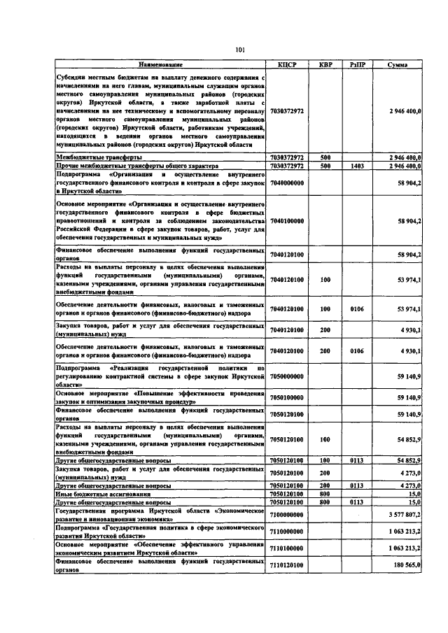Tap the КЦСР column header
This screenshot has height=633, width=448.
pos(288,65)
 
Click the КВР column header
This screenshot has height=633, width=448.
pos(325,65)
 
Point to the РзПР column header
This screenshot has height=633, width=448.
pos(356,65)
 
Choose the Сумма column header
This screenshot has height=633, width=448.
pos(398,65)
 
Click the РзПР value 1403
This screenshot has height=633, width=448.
pos(356,166)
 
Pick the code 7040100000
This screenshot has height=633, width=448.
pos(288,220)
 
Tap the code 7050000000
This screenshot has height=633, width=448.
pos(288,375)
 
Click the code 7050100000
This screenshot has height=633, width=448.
pos(288,396)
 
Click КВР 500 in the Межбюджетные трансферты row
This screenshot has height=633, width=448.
pos(325,158)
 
